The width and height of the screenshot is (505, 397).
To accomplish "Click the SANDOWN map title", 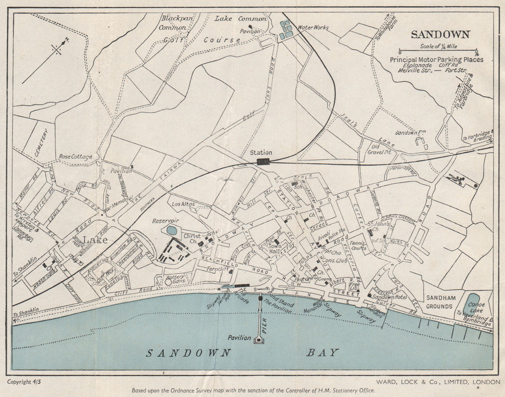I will click(440, 35).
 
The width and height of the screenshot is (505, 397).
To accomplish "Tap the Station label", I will click(261, 152).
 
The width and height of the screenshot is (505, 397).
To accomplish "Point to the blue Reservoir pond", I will click(172, 230).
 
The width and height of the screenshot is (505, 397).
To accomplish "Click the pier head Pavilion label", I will click(239, 337).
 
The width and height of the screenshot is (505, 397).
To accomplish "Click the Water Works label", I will click(313, 27).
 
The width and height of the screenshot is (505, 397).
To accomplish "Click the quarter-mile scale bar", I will click(438, 51).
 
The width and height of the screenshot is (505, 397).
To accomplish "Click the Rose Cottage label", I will click(75, 157).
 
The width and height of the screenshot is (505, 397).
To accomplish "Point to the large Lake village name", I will click(95, 240).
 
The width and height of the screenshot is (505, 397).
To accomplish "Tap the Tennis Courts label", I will click(358, 245).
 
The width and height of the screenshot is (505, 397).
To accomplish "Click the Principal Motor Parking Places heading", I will click(436, 60).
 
